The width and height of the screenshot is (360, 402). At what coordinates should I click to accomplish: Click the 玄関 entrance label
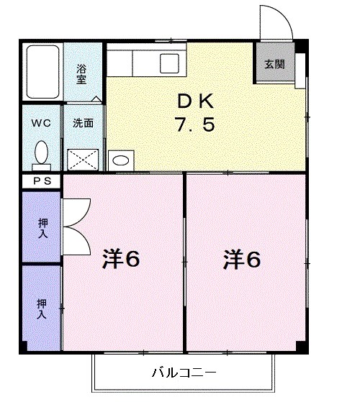(274, 64)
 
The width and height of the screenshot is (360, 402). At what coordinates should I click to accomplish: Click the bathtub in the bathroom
(42, 73)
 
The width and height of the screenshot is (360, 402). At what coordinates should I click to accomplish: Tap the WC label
(40, 122)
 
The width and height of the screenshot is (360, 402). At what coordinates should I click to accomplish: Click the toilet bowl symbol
(41, 152)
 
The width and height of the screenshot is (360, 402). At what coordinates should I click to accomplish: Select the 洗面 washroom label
(82, 122)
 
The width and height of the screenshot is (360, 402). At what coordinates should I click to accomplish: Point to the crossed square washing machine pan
(83, 158)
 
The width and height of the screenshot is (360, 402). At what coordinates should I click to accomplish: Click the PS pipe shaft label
(40, 182)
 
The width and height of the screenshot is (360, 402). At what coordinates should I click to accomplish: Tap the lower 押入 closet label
(42, 309)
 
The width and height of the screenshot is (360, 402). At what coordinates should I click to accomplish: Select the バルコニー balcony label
(184, 373)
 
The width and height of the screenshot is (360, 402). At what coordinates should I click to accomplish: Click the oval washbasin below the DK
(120, 160)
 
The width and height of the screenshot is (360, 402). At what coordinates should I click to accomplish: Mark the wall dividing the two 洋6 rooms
(185, 262)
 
